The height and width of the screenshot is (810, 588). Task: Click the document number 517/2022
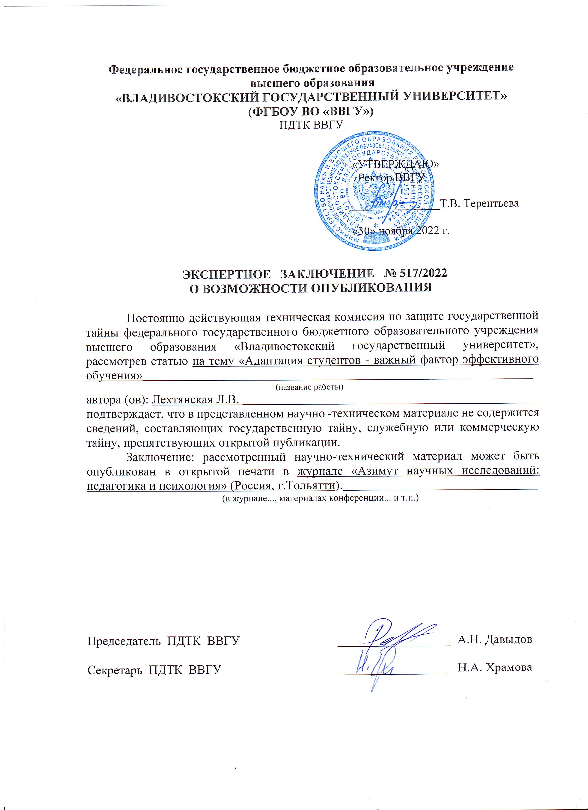(422, 273)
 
